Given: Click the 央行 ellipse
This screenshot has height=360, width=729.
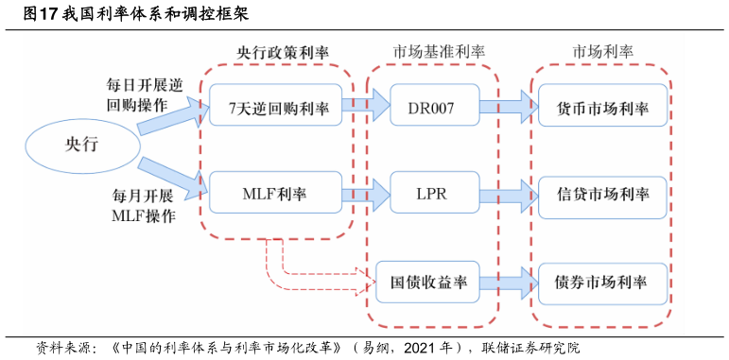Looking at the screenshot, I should point(81,144).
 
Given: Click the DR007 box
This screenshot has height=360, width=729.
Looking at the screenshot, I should point(431,108).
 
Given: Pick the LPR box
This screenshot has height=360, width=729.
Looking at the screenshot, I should point(431,195).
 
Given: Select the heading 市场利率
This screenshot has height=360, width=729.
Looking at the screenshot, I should point(603,52).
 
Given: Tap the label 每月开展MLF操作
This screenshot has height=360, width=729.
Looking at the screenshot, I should point(144,205).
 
